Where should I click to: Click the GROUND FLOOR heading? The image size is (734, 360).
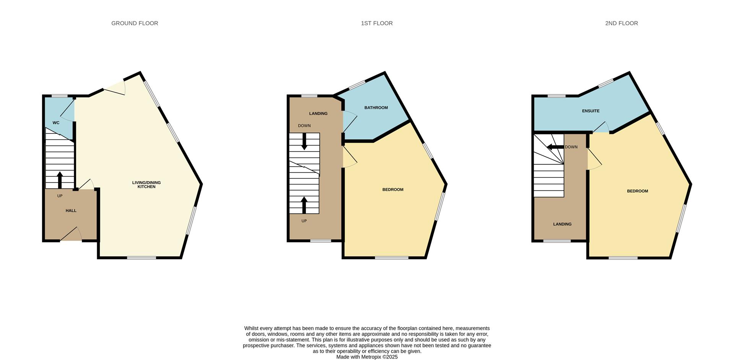(x=135, y=23)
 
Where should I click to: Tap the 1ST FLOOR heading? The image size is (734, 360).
(x=377, y=23)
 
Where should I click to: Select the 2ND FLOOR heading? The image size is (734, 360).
(x=621, y=23)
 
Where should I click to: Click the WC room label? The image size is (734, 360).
(x=56, y=123)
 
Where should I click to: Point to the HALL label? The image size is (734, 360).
(x=71, y=211)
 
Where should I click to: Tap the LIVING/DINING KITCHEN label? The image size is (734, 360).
(x=146, y=185)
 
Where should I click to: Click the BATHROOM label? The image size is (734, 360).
(x=376, y=108)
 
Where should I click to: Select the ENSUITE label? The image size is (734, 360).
(x=591, y=111)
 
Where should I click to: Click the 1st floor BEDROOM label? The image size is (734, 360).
(x=393, y=190)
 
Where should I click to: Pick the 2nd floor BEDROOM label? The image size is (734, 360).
(x=637, y=191)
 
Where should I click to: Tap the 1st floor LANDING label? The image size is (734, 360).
(x=318, y=114)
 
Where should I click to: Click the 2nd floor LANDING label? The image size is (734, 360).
(x=562, y=224)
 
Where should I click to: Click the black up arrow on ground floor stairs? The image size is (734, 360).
(x=60, y=180)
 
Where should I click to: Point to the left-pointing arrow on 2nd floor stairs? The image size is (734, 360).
(x=555, y=147)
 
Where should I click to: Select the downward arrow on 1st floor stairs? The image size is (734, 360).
(x=304, y=141)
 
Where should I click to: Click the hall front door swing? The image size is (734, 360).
(x=73, y=234)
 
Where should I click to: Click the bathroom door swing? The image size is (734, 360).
(x=349, y=122)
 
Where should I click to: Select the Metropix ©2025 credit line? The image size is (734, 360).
(x=367, y=357)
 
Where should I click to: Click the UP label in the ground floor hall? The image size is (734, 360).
(x=60, y=196)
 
